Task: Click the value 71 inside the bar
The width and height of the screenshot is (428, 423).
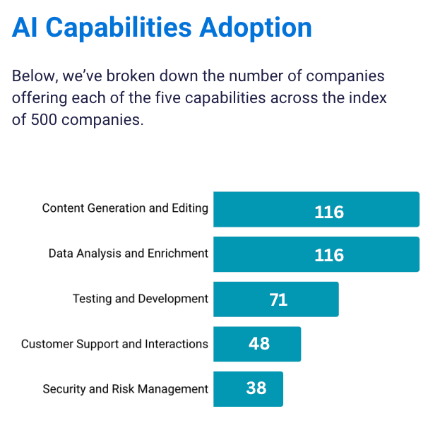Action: [x=278, y=299]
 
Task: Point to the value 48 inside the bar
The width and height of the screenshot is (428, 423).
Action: [x=259, y=344]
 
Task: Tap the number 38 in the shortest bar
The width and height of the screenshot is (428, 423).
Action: [x=256, y=388]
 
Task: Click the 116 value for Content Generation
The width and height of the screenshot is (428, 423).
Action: [x=329, y=212]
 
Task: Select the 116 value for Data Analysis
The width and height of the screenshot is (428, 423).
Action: [x=329, y=255]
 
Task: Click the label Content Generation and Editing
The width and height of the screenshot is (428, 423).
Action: [x=125, y=208]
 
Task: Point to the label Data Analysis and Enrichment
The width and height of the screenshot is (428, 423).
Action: [x=129, y=254]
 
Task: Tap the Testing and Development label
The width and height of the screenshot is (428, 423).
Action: [x=141, y=299]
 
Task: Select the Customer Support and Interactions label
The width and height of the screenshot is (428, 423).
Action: [x=114, y=344]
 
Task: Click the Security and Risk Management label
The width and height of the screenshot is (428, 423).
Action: [x=125, y=389]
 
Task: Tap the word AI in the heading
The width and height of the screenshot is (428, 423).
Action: [x=25, y=28]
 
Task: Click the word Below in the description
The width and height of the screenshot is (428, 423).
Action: [x=32, y=76]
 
